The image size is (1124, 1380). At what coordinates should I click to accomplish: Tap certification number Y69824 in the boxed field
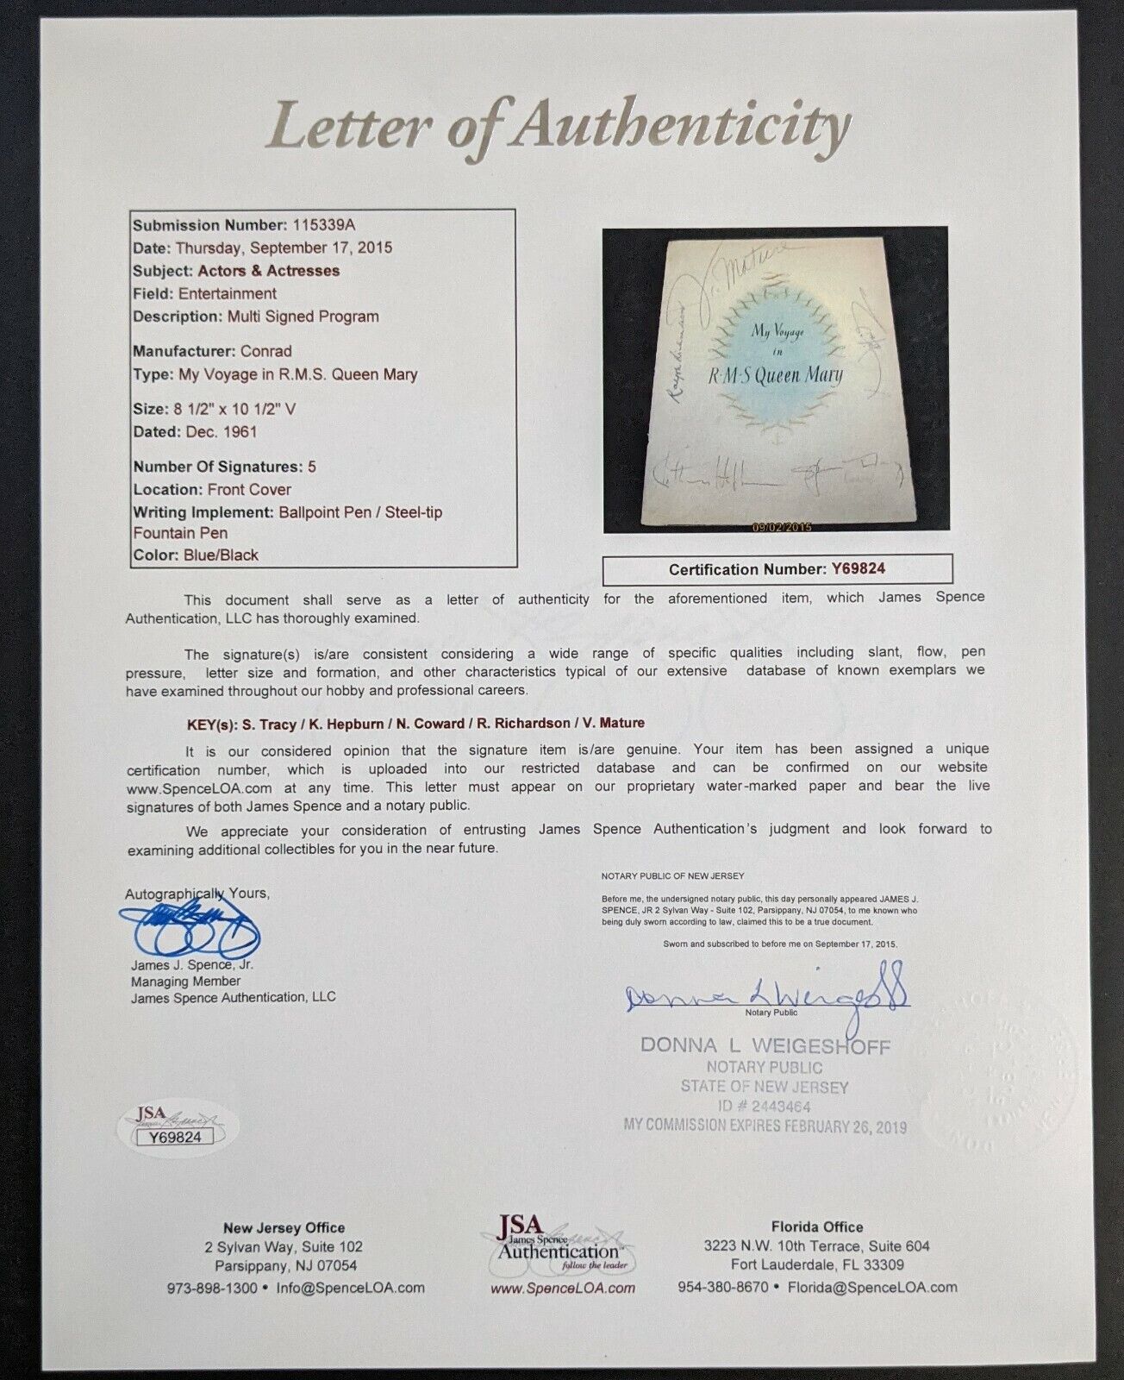pos(858,569)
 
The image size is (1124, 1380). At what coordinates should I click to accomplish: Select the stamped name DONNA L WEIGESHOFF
pos(765,1045)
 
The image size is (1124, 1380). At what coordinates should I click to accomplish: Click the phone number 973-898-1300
pos(212,1288)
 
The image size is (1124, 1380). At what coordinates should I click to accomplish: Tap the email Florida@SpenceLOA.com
pos(872,1287)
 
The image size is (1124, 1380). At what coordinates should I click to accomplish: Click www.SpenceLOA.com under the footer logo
pos(562,1288)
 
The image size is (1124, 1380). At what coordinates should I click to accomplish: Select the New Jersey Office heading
pos(284,1227)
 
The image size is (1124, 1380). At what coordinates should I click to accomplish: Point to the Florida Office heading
pos(816,1226)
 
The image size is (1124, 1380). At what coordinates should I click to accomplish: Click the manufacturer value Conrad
pos(267,351)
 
